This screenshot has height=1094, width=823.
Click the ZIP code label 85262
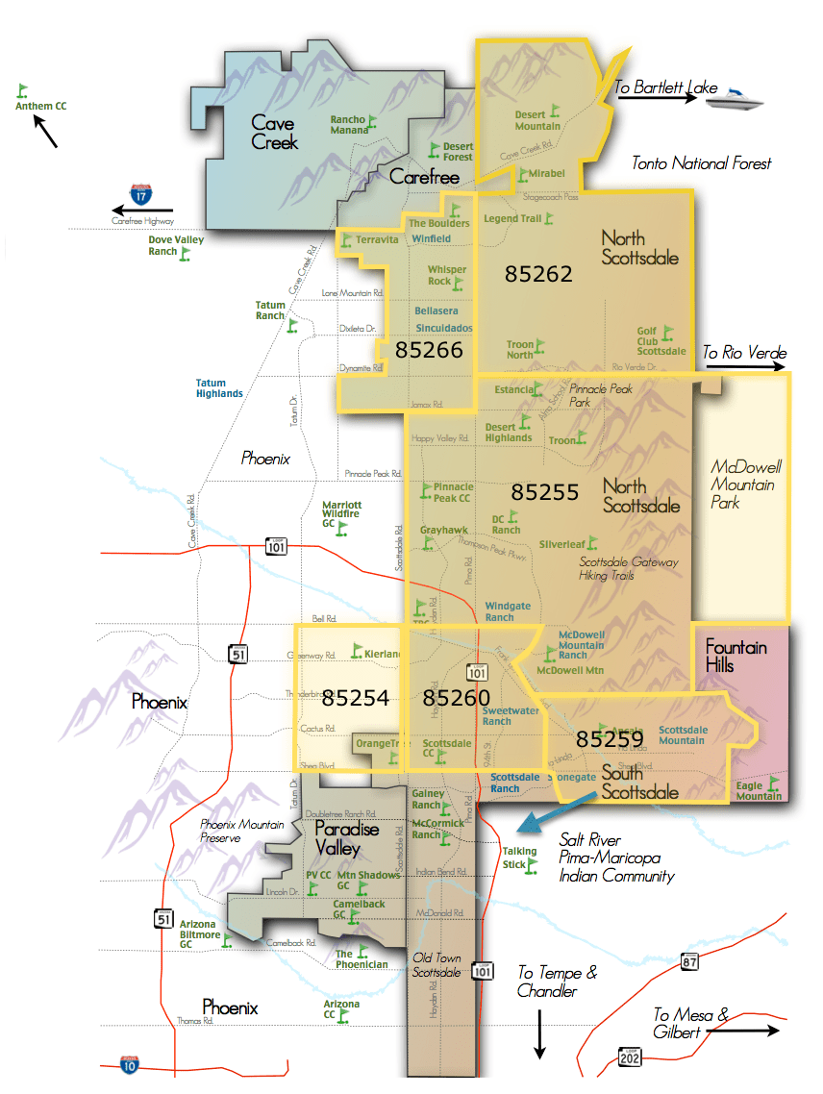coord(538,274)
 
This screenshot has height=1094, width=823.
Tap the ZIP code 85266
coord(429,350)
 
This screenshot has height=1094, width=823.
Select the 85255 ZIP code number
coord(545,492)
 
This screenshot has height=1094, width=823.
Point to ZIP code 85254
coord(355,698)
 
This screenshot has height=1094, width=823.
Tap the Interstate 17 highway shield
coord(141,195)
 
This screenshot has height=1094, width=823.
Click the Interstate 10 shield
coord(129,1063)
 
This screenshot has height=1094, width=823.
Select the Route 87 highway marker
coord(687,962)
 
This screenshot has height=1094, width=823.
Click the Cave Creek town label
coord(274,133)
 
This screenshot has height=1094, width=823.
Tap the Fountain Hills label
coord(736,656)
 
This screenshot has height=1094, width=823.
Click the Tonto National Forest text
coord(701,163)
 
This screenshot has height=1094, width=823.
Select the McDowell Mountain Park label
coord(747,485)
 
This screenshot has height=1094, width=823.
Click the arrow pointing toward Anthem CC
coord(45,132)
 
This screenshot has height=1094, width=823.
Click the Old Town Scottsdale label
coord(437,964)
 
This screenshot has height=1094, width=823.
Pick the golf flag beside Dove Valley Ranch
coord(186,254)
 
